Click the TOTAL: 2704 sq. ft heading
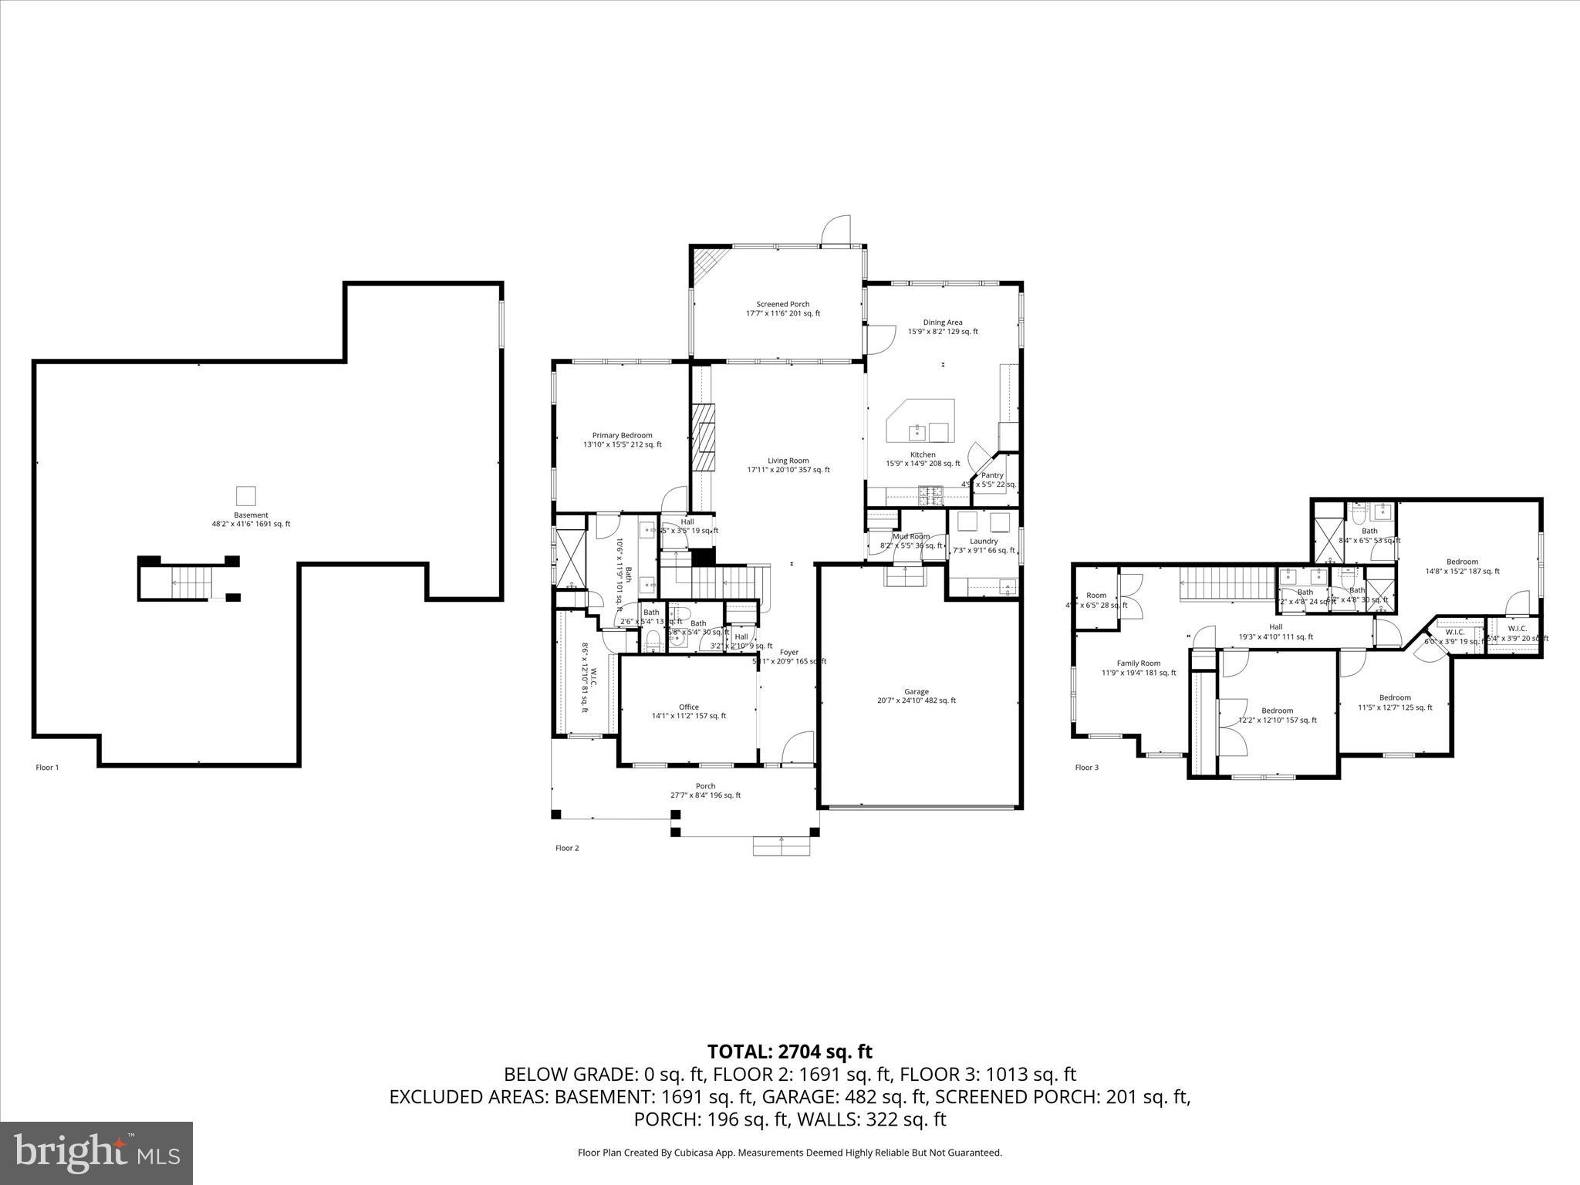[789, 1052]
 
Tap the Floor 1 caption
[47, 768]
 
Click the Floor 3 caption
[1086, 768]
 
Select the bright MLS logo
[96, 1153]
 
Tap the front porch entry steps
[782, 846]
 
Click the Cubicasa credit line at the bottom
[789, 1174]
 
